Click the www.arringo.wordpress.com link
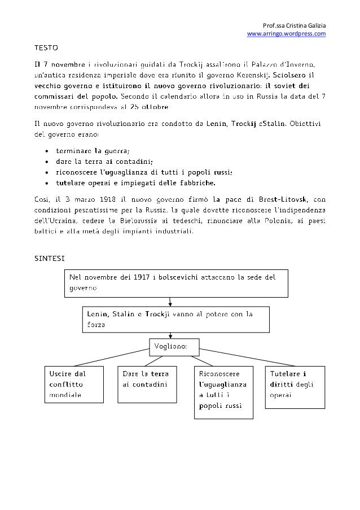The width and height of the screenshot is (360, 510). (287, 34)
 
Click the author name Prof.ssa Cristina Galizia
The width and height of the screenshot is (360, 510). (295, 25)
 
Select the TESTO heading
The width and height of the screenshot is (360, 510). (46, 45)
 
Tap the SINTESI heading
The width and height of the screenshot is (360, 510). (49, 258)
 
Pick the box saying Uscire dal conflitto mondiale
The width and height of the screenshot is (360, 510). (74, 384)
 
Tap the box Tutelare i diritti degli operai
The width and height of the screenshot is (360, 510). (295, 387)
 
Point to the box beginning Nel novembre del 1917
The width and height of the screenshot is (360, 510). (175, 282)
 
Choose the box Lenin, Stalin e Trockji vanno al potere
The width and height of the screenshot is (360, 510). (175, 319)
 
